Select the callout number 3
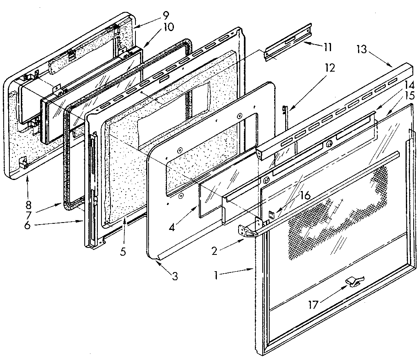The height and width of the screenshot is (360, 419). click(175, 276)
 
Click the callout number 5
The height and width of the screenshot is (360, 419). click(123, 251)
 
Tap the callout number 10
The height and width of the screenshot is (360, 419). click(168, 28)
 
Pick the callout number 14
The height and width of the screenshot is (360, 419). click(409, 86)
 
